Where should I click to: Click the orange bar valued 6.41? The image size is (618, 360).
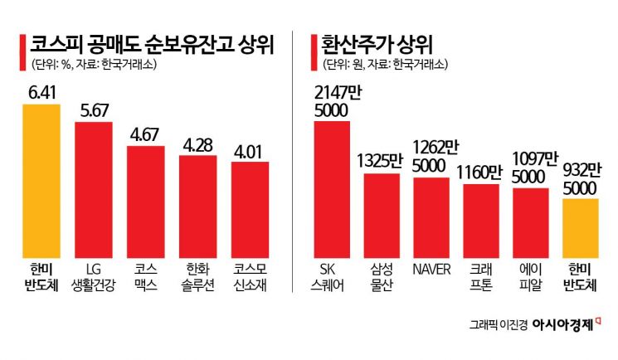41,178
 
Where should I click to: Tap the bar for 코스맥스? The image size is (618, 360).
145,201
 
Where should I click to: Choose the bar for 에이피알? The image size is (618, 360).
531,222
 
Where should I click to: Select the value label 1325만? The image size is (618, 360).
382,161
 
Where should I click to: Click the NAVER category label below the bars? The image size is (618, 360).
431,269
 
